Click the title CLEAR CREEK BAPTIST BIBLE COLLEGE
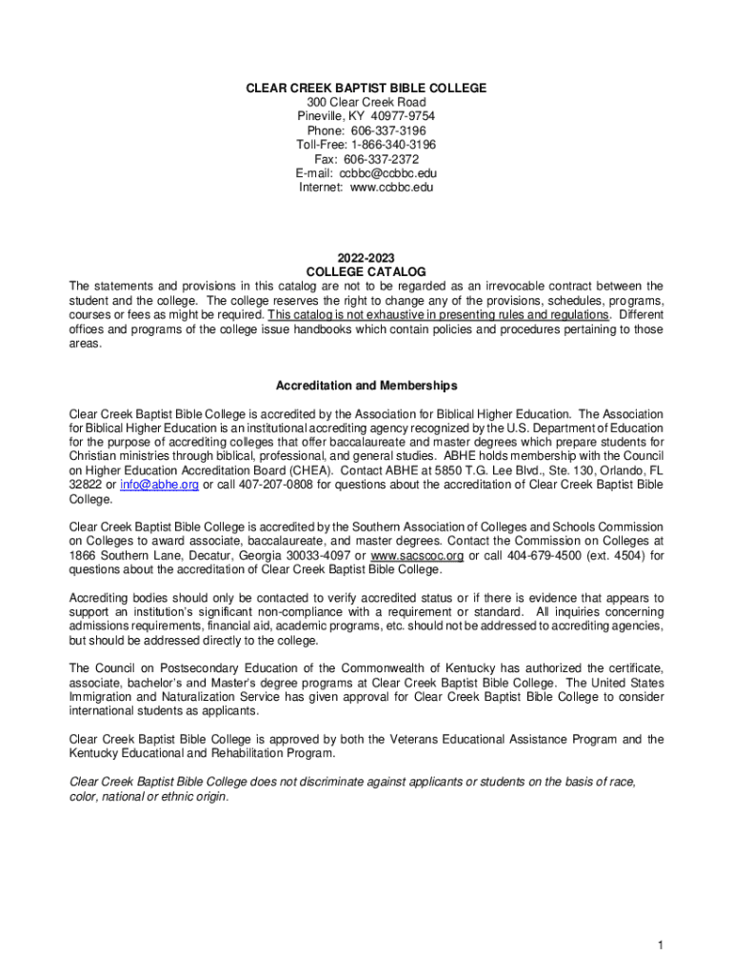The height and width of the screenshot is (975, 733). pyautogui.click(x=366, y=89)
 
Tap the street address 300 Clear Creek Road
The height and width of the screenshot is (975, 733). pyautogui.click(x=366, y=103)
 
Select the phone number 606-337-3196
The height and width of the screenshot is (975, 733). pyautogui.click(x=386, y=131)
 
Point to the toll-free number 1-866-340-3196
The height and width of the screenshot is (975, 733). pyautogui.click(x=391, y=145)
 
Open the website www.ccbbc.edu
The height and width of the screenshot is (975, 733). pyautogui.click(x=392, y=188)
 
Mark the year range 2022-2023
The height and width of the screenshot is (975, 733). pyautogui.click(x=366, y=258)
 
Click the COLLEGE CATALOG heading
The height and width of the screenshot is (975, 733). pyautogui.click(x=366, y=272)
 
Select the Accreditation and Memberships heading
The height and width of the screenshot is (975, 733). pyautogui.click(x=366, y=386)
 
